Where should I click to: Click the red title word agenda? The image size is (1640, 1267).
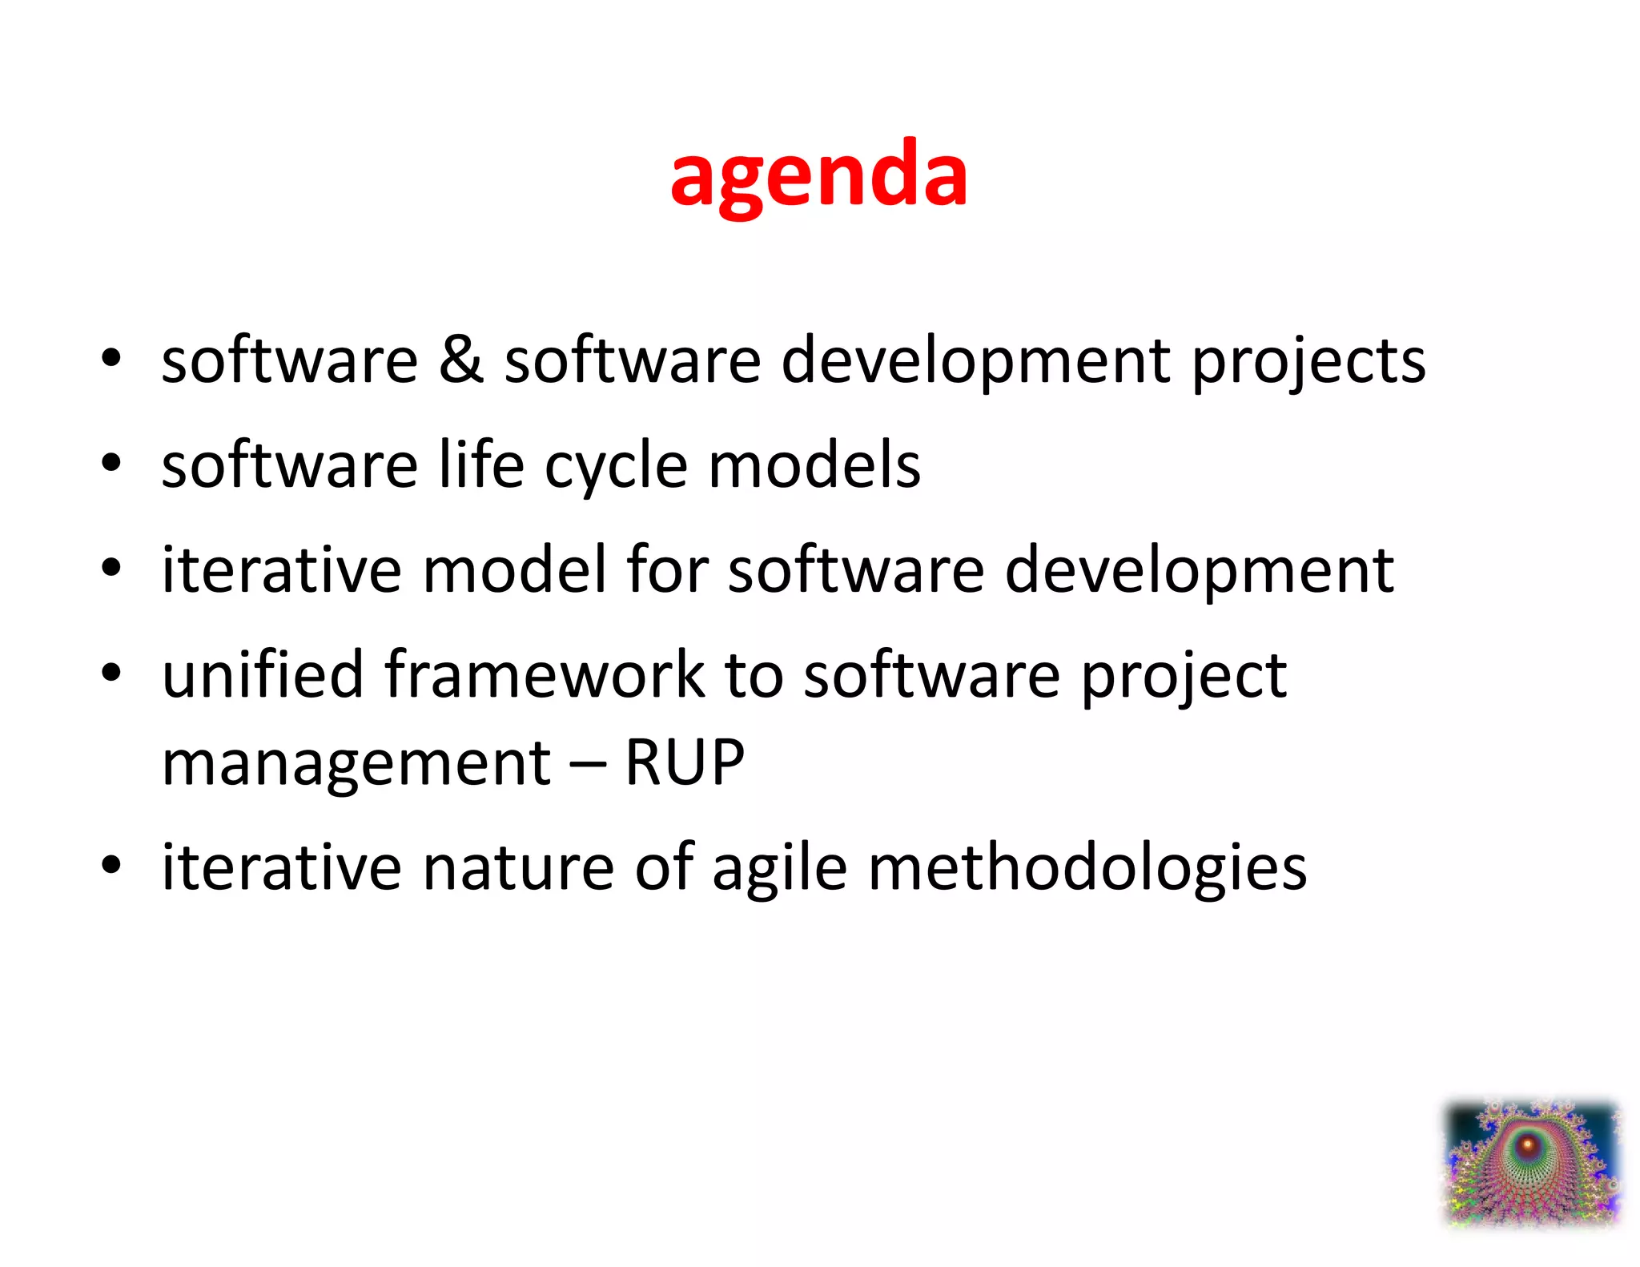pyautogui.click(x=818, y=175)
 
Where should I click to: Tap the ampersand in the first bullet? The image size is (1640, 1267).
pyautogui.click(x=460, y=360)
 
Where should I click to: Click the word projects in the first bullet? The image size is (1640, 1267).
pyautogui.click(x=1308, y=363)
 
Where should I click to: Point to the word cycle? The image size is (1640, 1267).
pyautogui.click(x=616, y=469)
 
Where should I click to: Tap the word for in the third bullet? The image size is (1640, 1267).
pyautogui.click(x=667, y=569)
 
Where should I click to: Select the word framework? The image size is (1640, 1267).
pyautogui.click(x=544, y=674)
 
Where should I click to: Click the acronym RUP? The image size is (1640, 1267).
pyautogui.click(x=685, y=762)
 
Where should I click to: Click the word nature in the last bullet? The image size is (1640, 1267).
pyautogui.click(x=517, y=867)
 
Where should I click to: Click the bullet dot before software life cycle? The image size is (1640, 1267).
pyautogui.click(x=111, y=463)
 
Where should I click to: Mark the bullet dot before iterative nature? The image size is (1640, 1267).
pyautogui.click(x=111, y=865)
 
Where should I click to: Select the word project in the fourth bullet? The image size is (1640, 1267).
pyautogui.click(x=1184, y=678)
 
